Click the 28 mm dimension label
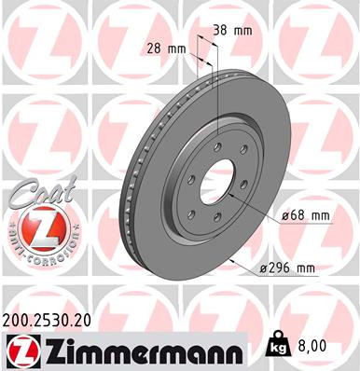(x=164, y=47)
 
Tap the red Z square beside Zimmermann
(x=18, y=350)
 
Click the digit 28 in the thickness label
(x=154, y=47)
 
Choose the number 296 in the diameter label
(x=287, y=268)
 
